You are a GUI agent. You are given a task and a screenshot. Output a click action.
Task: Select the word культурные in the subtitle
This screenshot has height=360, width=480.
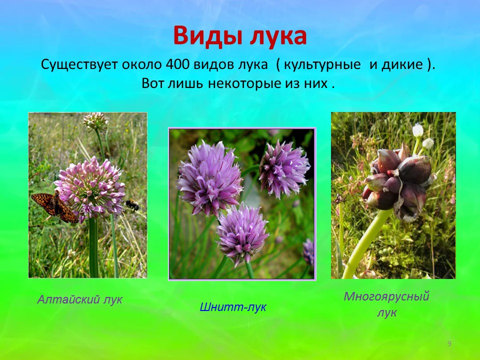coord(322,65)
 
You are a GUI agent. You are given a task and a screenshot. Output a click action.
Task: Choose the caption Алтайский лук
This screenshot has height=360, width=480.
coord(79,299)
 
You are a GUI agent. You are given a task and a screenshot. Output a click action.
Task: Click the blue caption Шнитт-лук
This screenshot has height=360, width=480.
coord(233,306)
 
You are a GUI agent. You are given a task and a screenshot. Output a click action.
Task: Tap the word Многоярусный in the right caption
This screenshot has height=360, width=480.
coord(386,296)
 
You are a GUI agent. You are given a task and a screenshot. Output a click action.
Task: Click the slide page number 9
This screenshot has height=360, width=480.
coord(449,343)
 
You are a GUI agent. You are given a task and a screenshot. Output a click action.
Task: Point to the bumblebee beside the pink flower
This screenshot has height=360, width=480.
coord(132,204)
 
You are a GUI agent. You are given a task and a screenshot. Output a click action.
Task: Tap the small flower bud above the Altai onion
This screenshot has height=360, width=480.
coord(95,121)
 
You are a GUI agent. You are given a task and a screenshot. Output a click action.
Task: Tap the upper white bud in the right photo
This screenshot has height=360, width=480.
coord(417,130)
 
